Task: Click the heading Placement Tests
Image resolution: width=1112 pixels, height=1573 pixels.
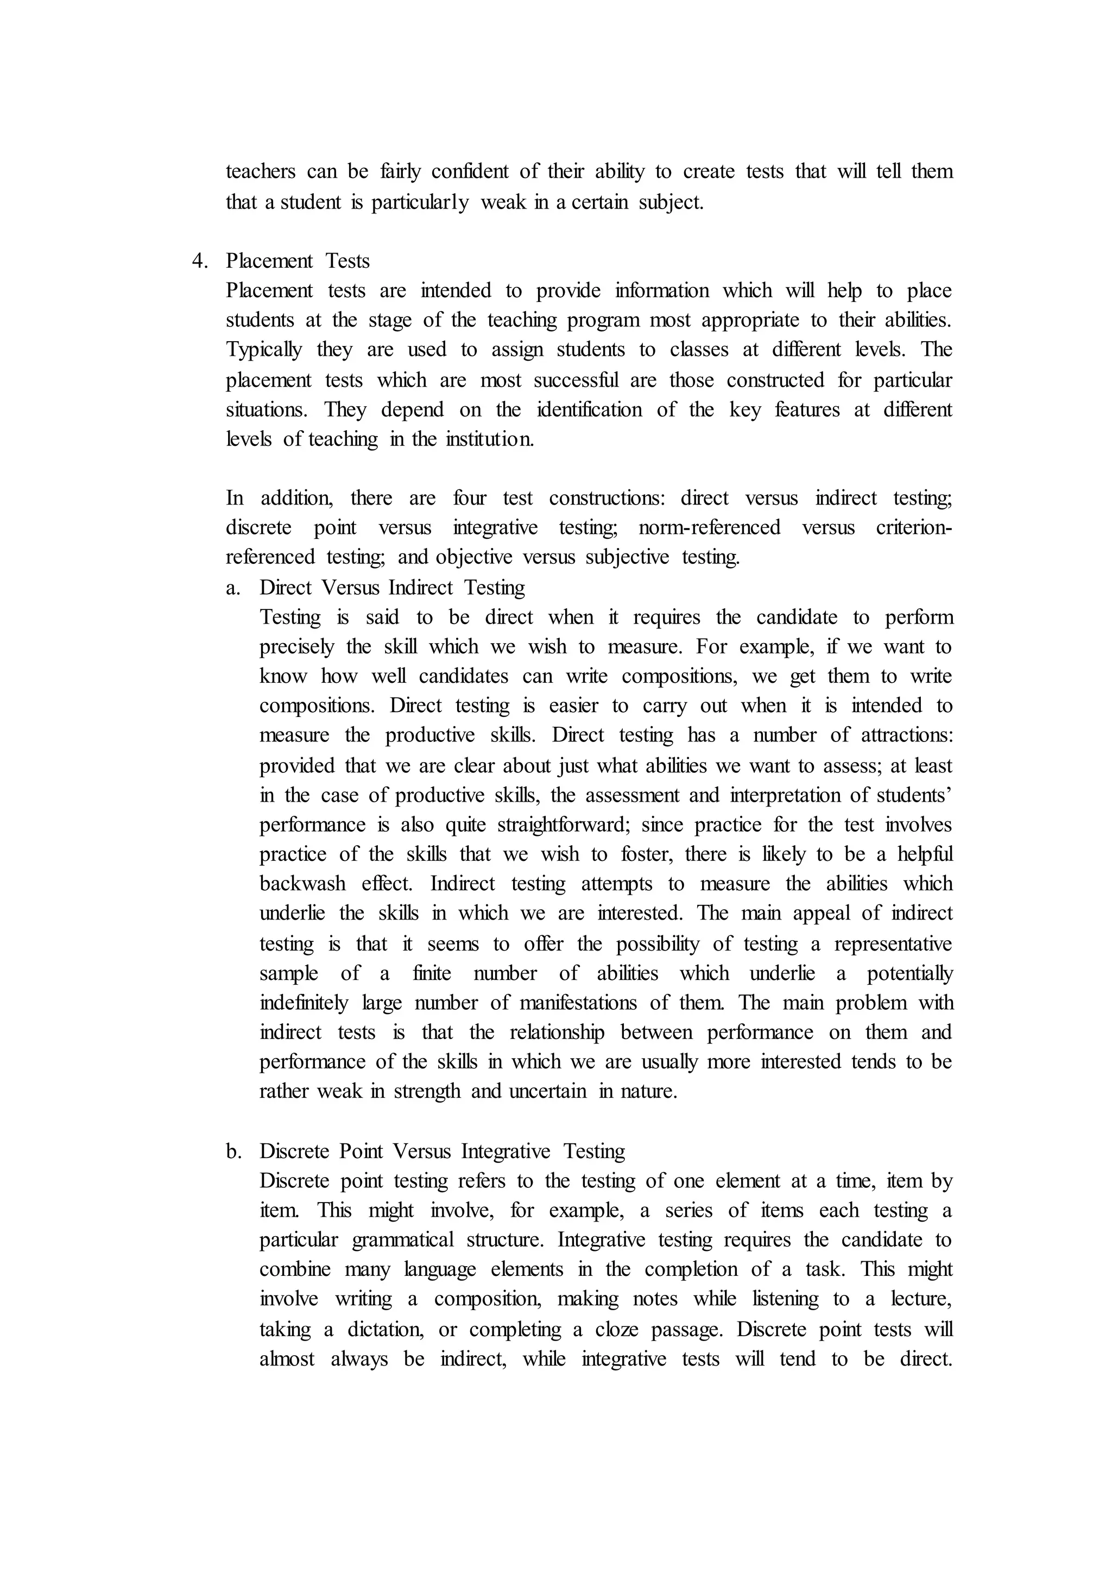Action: coord(298,261)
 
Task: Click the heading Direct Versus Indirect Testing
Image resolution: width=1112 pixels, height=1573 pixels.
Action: coord(393,588)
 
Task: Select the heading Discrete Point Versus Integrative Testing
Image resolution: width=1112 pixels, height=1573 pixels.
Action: coord(443,1151)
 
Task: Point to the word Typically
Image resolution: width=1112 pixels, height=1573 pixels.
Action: coord(264,350)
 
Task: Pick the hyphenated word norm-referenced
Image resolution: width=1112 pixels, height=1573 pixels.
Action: coord(709,527)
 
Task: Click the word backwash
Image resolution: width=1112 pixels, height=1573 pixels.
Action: coord(302,884)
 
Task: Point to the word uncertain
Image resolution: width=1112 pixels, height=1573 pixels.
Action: coord(548,1091)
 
